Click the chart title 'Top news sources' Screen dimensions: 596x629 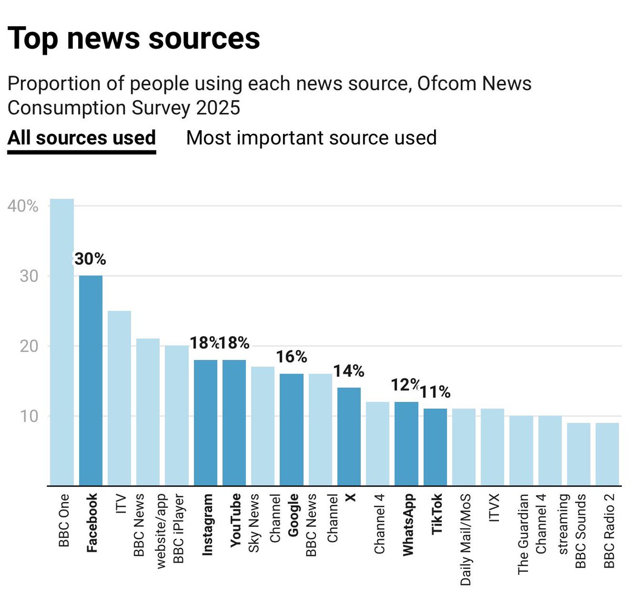134,38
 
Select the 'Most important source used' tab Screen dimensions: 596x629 311,138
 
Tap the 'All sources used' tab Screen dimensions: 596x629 82,138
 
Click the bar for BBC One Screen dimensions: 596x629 62,341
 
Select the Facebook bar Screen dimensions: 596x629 91,380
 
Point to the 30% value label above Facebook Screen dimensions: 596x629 90,259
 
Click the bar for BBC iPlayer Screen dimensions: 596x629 177,415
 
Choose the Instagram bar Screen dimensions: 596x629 205,422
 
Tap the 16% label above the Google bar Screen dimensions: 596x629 291,357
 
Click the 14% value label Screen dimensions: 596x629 349,371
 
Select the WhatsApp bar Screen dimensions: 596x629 406,443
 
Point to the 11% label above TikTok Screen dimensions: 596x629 435,392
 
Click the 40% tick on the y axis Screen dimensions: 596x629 23,206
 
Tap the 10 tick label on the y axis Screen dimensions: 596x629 29,416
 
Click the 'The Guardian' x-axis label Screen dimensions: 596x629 523,534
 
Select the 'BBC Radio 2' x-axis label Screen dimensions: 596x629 609,531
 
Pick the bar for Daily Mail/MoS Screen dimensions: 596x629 464,447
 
